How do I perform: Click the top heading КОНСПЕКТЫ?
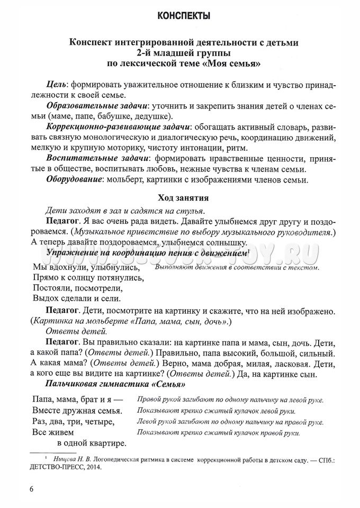point(180,16)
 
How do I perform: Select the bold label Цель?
point(56,85)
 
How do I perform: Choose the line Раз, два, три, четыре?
point(74,421)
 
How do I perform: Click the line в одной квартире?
point(92,442)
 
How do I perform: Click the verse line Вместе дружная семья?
point(77,410)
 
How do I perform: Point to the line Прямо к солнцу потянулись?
point(88,277)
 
